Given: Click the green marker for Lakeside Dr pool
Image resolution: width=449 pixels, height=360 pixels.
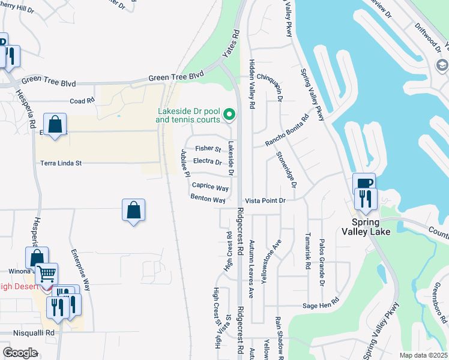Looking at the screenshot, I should click(229, 114).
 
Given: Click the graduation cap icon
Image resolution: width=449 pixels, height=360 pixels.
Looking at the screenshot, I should click(442, 65).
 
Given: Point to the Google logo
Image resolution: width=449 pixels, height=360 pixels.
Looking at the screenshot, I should click(20, 352).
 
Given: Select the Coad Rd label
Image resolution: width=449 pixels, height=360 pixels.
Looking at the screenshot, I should click(82, 101).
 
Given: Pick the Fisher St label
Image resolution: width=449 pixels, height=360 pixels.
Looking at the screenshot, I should click(208, 149).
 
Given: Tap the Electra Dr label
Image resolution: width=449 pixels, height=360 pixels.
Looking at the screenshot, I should click(208, 162).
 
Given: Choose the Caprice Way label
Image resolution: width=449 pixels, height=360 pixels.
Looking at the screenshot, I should click(210, 188).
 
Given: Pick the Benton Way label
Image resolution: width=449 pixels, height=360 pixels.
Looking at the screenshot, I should click(208, 198).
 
